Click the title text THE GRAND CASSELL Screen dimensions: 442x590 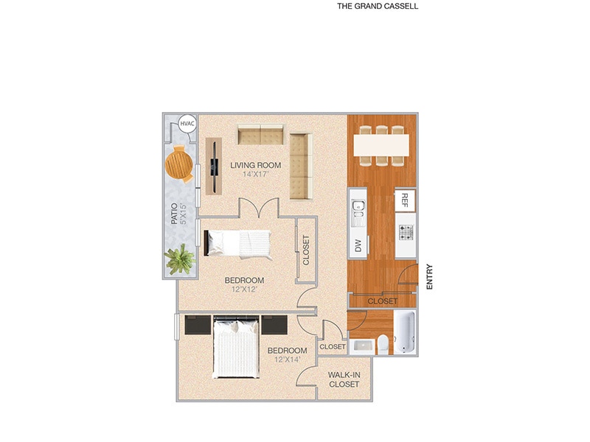click(378, 6)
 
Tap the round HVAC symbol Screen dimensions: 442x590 click(187, 124)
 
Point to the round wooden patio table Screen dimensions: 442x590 click(179, 164)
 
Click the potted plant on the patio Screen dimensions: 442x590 click(178, 259)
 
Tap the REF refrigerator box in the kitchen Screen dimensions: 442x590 click(405, 200)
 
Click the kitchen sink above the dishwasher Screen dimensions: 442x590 click(358, 212)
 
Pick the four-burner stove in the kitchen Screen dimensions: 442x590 click(406, 233)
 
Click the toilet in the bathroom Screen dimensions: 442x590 click(381, 342)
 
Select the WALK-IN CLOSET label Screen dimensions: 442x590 click(344, 379)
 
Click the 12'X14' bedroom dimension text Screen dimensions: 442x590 click(287, 359)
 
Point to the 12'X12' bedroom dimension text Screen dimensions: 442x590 click(244, 290)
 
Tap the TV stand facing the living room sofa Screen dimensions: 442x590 click(214, 166)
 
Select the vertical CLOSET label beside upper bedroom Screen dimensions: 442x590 click(306, 250)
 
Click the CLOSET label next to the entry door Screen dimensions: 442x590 click(383, 301)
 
